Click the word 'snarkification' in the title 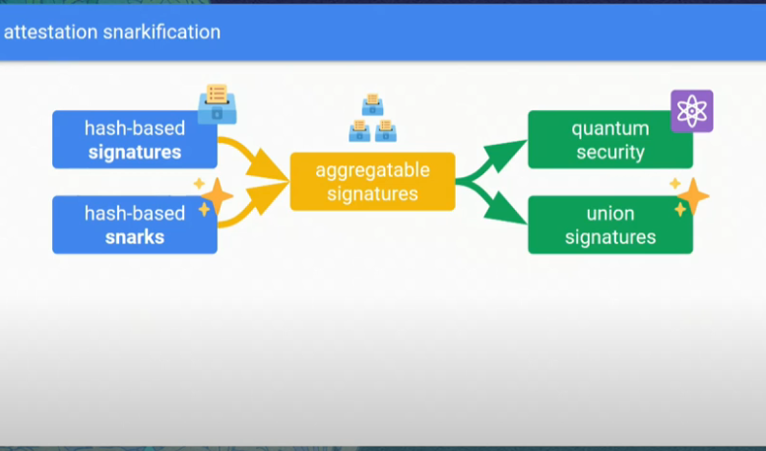[x=161, y=32]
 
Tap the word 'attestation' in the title [x=50, y=32]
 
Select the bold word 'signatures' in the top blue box [x=135, y=153]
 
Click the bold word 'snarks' [x=135, y=237]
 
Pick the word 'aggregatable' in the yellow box [x=372, y=170]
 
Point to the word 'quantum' [x=610, y=128]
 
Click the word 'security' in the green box [x=610, y=153]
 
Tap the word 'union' [x=610, y=214]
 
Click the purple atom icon [x=691, y=111]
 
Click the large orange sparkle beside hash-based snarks [x=217, y=197]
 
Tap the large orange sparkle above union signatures [x=693, y=197]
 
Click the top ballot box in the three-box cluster [x=372, y=104]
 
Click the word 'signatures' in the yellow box [x=372, y=194]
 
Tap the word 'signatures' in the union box [x=610, y=237]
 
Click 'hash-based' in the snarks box [x=135, y=214]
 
